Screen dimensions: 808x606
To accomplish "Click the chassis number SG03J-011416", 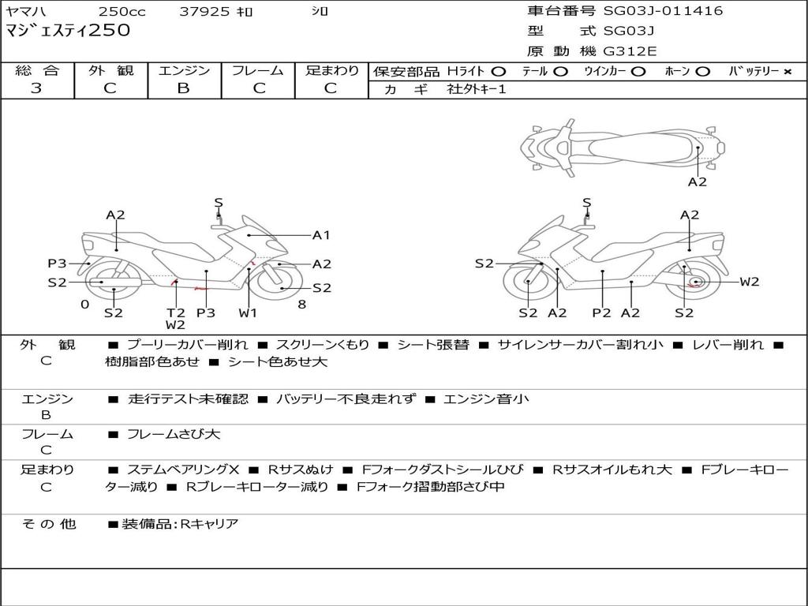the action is click(663, 11).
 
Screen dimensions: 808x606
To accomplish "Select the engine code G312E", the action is click(630, 51).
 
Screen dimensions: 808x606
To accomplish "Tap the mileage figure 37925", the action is click(204, 11).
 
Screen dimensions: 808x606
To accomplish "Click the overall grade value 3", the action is click(36, 88).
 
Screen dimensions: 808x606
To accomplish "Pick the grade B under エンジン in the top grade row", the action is click(183, 88).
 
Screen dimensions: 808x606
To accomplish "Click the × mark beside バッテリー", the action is click(787, 72).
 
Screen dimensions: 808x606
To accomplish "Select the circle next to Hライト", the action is click(498, 72).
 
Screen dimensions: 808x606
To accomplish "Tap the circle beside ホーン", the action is click(702, 72).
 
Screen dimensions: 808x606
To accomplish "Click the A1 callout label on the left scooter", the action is click(321, 235).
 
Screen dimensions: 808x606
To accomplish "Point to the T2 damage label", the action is click(175, 312).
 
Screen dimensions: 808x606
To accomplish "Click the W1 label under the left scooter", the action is click(247, 312).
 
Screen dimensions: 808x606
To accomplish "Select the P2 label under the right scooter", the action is click(601, 312).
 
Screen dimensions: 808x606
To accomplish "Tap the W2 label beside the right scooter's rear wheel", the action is click(750, 282).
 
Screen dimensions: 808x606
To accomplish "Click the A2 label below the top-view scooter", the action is click(698, 182).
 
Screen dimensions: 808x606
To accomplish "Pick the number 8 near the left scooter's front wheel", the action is click(302, 305).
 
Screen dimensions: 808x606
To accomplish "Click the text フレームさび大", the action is click(174, 435).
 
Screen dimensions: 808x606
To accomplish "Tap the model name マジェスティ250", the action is click(68, 31).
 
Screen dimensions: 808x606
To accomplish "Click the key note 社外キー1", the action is click(477, 89).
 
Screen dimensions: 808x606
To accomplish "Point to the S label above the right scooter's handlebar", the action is click(586, 203).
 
